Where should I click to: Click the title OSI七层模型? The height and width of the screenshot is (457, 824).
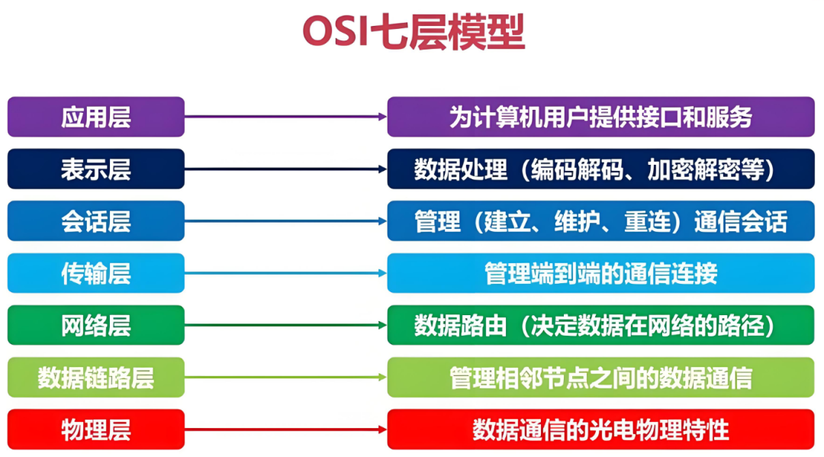click(414, 32)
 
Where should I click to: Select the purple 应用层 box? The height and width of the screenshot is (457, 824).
click(95, 117)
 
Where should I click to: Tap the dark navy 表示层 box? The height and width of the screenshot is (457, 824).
click(95, 169)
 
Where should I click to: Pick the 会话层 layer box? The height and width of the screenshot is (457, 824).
click(95, 220)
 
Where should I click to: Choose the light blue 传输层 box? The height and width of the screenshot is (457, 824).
click(95, 272)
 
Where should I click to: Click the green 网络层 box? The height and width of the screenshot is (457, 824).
click(95, 325)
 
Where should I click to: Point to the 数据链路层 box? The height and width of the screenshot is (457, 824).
click(95, 377)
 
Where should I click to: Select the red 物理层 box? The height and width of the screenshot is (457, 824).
click(95, 430)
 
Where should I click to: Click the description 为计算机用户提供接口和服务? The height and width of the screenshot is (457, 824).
click(600, 117)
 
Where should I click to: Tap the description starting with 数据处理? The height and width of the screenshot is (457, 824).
click(600, 169)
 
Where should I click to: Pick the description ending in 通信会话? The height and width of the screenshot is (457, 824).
click(600, 220)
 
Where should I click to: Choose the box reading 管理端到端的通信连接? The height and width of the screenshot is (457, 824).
click(600, 272)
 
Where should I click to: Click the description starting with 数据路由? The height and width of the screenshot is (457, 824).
click(600, 325)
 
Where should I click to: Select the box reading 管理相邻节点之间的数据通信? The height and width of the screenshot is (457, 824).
click(600, 377)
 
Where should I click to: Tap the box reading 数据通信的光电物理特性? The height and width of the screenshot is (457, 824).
click(600, 430)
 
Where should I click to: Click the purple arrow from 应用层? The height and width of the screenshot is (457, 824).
click(286, 117)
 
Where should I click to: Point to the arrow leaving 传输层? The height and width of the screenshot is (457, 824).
click(286, 272)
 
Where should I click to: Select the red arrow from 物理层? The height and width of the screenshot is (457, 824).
click(286, 430)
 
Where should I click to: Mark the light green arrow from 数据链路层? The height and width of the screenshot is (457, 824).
click(286, 377)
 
